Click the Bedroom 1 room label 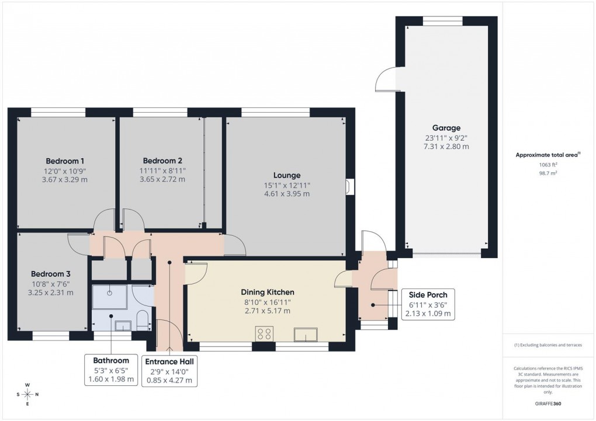coord(65,161)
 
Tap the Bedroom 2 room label coord(162,161)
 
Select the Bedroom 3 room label coord(51,274)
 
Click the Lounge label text coord(286,175)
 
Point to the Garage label coord(446,128)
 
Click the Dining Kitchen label coord(268,292)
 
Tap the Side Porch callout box coord(428,304)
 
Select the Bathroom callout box coord(110,370)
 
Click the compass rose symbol coord(27,394)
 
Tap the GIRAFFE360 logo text coord(549,404)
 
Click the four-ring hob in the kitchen coord(265,334)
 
